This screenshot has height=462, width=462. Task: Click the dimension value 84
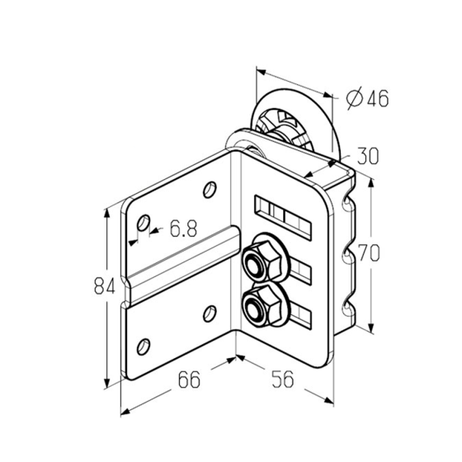click(x=104, y=286)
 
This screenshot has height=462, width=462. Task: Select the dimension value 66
click(x=189, y=379)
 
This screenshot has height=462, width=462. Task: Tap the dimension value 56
click(x=283, y=379)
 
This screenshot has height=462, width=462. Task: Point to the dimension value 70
click(x=368, y=252)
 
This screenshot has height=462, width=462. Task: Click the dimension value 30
click(x=367, y=156)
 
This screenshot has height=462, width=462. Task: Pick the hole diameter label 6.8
click(x=183, y=229)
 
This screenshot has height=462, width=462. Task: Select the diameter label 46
click(x=378, y=98)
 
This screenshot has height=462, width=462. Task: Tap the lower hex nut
click(x=261, y=306)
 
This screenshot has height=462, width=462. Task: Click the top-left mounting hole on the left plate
click(x=144, y=223)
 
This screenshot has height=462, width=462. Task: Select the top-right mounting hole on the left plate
click(x=210, y=190)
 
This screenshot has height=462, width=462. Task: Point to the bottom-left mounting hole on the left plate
click(x=144, y=346)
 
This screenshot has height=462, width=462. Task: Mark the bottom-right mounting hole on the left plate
click(x=210, y=313)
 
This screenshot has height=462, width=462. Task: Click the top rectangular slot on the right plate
click(x=283, y=216)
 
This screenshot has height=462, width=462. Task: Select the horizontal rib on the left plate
click(x=183, y=266)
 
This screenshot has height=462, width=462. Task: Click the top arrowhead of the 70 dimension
click(x=371, y=185)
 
